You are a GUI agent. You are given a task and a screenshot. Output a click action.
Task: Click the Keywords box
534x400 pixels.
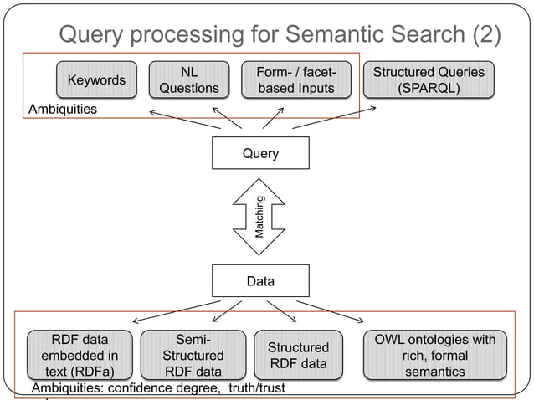pos(96,80)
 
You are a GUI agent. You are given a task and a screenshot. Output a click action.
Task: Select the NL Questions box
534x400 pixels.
pos(189,80)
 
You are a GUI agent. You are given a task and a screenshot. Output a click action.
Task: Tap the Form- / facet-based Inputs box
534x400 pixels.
pos(295,80)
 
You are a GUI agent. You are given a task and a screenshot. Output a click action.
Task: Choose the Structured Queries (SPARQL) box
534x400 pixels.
pos(428,80)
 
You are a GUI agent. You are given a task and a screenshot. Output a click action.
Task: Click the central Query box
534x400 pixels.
pos(260,153)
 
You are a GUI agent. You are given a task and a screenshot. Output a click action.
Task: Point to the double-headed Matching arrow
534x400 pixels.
pos(260,217)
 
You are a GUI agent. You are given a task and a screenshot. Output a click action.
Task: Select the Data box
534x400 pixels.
pos(260,281)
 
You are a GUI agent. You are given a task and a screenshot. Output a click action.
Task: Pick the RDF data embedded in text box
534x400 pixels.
pos(80,355)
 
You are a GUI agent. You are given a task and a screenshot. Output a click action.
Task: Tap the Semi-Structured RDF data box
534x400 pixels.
pos(193,355)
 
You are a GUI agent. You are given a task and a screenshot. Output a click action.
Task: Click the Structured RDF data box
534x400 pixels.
pos(299,355)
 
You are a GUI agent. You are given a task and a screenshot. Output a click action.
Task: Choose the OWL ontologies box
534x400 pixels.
pos(435,355)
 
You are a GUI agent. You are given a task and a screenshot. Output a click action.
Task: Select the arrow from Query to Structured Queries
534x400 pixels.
pos(335,117)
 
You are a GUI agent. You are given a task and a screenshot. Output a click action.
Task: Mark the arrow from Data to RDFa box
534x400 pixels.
pos(176,310)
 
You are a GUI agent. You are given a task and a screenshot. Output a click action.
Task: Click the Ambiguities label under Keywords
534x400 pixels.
pos(63,110)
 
